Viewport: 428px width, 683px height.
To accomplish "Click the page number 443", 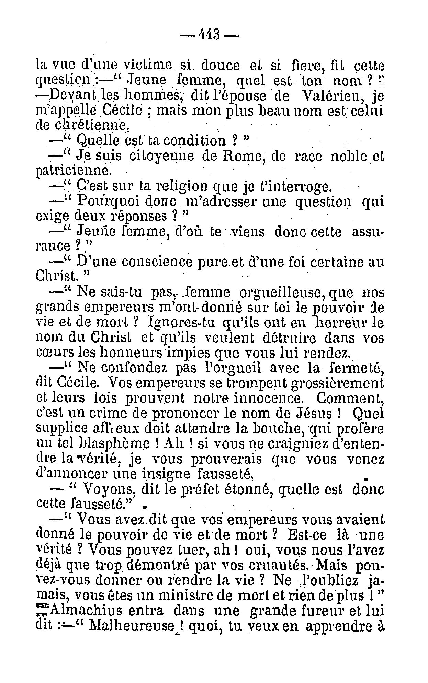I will tap(210, 34).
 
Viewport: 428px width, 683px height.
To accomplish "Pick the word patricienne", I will tap(74, 171).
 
